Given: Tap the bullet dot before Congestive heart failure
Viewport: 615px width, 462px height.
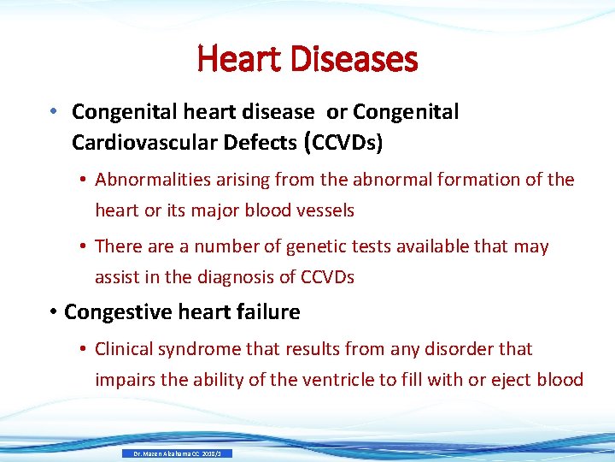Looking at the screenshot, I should point(53,313).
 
